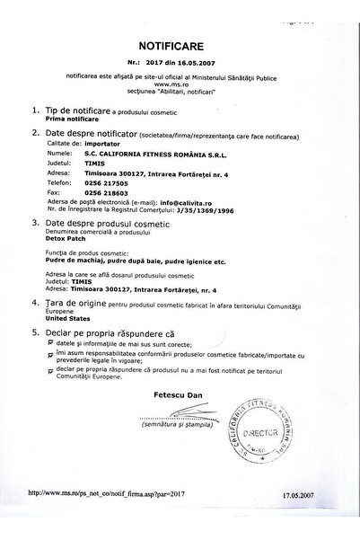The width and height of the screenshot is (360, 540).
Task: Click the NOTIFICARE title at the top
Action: pos(180,41)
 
